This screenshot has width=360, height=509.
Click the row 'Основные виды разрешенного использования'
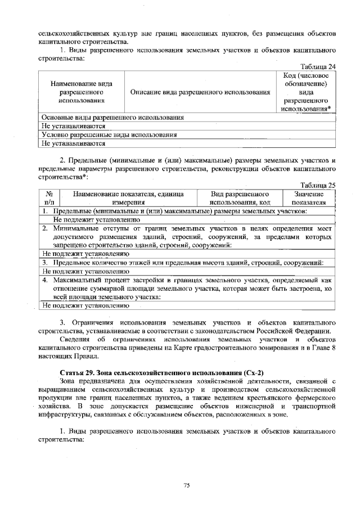[x=113, y=118]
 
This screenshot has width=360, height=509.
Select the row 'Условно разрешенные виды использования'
[x=109, y=135]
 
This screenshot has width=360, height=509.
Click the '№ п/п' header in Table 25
[x=48, y=197]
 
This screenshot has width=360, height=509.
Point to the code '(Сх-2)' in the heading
[x=251, y=373]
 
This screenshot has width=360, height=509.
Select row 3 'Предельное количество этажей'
[x=183, y=263]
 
